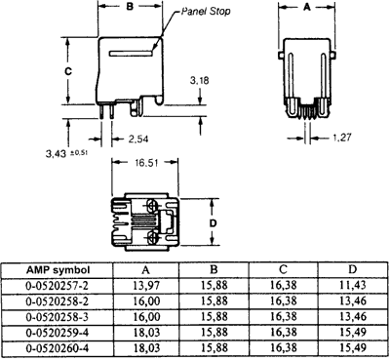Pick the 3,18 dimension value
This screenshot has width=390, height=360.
pyautogui.click(x=199, y=79)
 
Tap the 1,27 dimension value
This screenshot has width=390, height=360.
pyautogui.click(x=341, y=138)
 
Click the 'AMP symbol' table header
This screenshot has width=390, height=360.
pyautogui.click(x=59, y=270)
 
